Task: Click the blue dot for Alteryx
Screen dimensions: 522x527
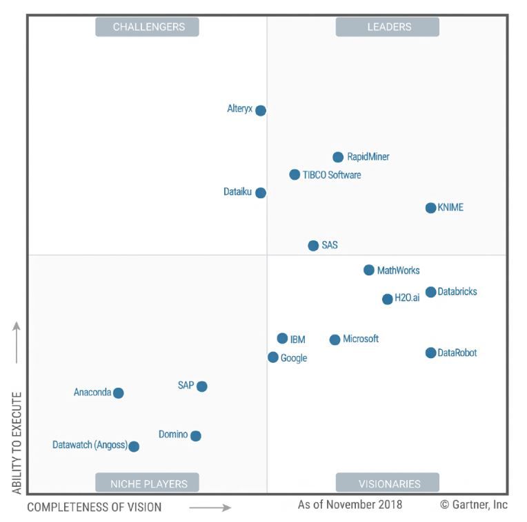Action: point(260,110)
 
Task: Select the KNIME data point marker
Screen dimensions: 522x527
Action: point(430,208)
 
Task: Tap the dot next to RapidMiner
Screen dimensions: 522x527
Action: point(338,157)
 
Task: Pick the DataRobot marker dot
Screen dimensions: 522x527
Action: point(430,353)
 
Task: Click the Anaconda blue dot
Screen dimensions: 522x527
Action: point(118,393)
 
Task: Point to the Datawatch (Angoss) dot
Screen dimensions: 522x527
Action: point(134,446)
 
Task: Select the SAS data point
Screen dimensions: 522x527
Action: point(313,246)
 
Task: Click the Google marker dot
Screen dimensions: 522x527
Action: point(273,357)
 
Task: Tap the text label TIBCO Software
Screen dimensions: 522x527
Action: point(332,175)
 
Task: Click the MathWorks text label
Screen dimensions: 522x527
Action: point(398,271)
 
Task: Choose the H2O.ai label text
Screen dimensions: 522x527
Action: point(407,298)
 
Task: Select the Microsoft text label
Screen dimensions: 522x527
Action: point(361,340)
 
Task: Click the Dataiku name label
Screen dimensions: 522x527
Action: point(237,192)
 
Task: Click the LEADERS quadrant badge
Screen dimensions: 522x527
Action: point(387,27)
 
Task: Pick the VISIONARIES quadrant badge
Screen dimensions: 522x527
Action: point(387,483)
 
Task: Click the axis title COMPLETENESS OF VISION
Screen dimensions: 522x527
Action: point(95,508)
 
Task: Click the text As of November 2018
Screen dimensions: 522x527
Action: point(350,505)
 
